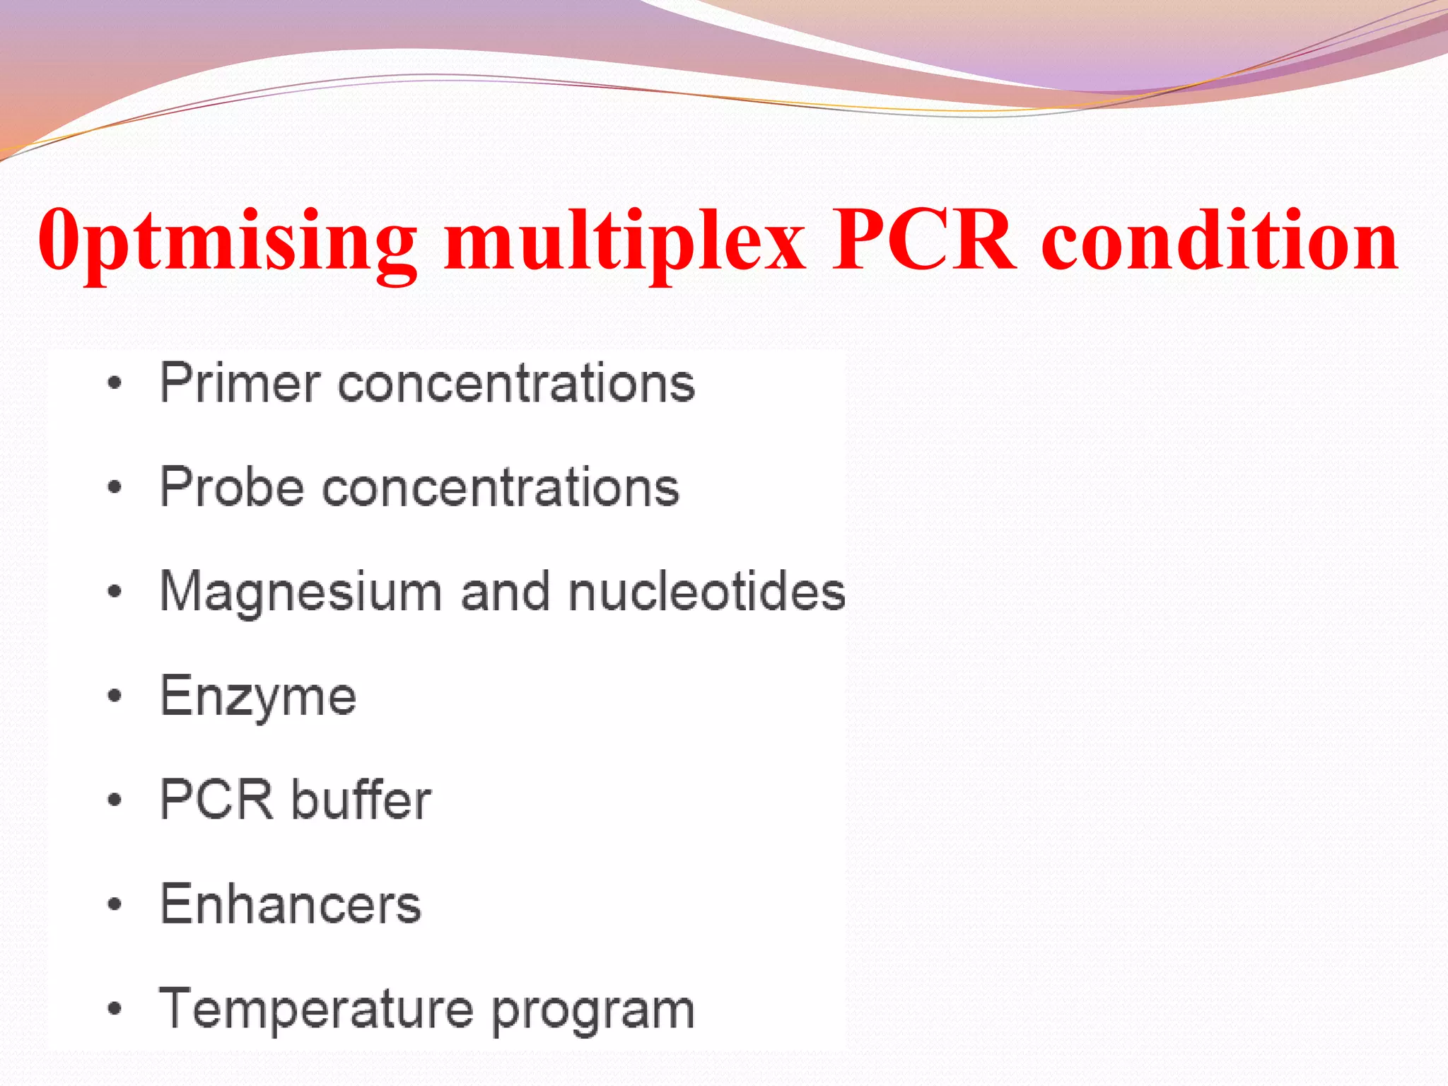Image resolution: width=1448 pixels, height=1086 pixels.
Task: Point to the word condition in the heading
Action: point(1220,240)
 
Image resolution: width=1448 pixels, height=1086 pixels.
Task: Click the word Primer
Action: point(240,383)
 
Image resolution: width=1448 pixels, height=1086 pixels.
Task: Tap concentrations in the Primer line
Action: point(516,384)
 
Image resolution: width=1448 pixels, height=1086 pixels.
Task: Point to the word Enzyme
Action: point(258,697)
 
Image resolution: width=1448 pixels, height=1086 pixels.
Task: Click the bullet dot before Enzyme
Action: point(115,696)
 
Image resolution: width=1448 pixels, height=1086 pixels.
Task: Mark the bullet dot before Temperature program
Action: point(115,1009)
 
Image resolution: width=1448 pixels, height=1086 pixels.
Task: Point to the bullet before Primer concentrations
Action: point(115,384)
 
